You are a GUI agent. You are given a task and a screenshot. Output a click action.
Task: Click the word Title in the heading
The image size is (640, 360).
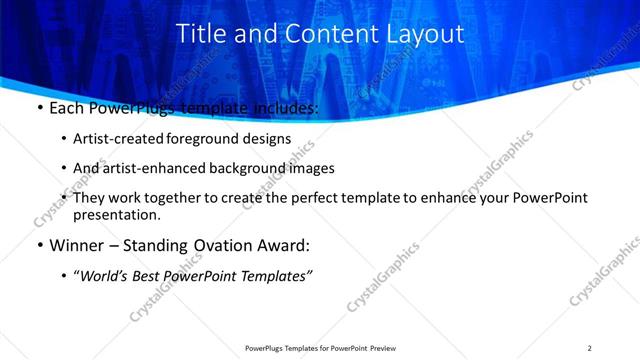click(202, 33)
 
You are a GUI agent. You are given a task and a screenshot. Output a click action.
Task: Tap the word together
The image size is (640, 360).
click(176, 198)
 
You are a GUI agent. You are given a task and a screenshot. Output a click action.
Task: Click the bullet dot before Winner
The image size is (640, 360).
click(39, 245)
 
